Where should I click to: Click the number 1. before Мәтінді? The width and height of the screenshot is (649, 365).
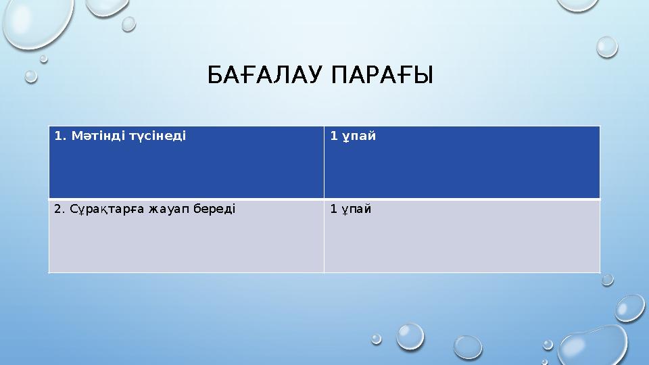(x=59, y=136)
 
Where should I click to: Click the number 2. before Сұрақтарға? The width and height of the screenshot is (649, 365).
(x=59, y=209)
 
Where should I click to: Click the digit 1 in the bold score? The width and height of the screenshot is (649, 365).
(x=333, y=136)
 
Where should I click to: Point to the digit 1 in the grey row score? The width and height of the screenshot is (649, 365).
(x=333, y=209)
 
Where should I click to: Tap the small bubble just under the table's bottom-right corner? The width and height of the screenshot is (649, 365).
(x=607, y=279)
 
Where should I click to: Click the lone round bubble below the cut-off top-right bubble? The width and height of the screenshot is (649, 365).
(x=607, y=46)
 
